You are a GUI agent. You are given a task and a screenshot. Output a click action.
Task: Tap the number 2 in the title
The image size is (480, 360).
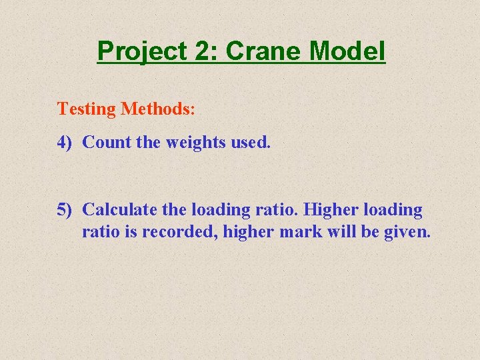(x=199, y=51)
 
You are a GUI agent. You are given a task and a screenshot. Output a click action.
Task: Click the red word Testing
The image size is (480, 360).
(x=87, y=109)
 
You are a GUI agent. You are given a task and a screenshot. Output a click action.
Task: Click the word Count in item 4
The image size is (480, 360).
(x=105, y=142)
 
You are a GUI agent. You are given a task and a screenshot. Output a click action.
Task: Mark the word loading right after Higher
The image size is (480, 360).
(x=394, y=211)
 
